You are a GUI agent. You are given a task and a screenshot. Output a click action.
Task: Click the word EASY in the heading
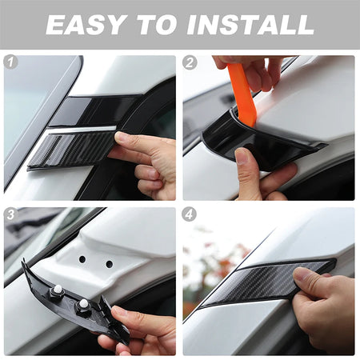pyautogui.click(x=86, y=25)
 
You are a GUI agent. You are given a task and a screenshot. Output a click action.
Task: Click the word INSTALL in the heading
pyautogui.click(x=250, y=25)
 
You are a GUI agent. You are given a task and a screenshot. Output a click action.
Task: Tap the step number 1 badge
pyautogui.click(x=10, y=62)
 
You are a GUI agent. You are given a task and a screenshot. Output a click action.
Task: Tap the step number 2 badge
pyautogui.click(x=190, y=62)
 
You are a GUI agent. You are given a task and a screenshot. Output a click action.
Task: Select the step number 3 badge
pyautogui.click(x=10, y=214)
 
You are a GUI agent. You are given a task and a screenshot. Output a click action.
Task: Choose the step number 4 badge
pyautogui.click(x=190, y=214)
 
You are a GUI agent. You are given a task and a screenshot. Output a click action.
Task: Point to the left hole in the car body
pyautogui.click(x=82, y=259)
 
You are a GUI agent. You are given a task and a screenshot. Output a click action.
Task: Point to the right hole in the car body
pyautogui.click(x=110, y=264)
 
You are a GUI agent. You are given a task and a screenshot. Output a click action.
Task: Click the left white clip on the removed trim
pyautogui.click(x=58, y=288)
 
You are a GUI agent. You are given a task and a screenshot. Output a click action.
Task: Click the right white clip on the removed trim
pyautogui.click(x=84, y=302)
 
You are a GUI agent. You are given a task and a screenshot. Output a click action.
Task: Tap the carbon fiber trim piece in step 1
pyautogui.click(x=72, y=150)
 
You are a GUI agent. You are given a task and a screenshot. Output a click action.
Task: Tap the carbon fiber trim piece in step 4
pyautogui.click(x=266, y=282)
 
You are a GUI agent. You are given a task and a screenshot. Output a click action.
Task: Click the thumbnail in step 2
pyautogui.click(x=242, y=155)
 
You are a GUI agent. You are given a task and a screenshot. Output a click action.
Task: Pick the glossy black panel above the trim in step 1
pyautogui.click(x=94, y=110)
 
